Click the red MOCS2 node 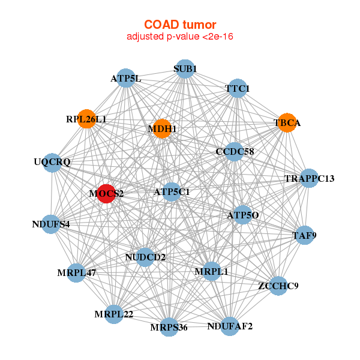click(x=106, y=193)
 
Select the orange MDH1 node click(x=162, y=128)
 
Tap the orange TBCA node click(x=287, y=122)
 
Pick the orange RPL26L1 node click(x=87, y=119)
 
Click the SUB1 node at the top click(x=185, y=69)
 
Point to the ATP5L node click(x=125, y=78)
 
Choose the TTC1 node click(x=237, y=89)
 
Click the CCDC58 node click(x=235, y=151)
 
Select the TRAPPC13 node click(x=309, y=178)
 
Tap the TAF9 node click(x=304, y=235)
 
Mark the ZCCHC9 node click(x=278, y=285)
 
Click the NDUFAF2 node click(x=230, y=326)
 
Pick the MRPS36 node click(x=169, y=327)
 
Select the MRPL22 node click(x=113, y=314)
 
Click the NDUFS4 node click(x=51, y=224)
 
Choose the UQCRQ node click(x=52, y=162)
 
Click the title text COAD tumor click(x=180, y=24)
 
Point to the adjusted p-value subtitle click(x=180, y=37)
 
